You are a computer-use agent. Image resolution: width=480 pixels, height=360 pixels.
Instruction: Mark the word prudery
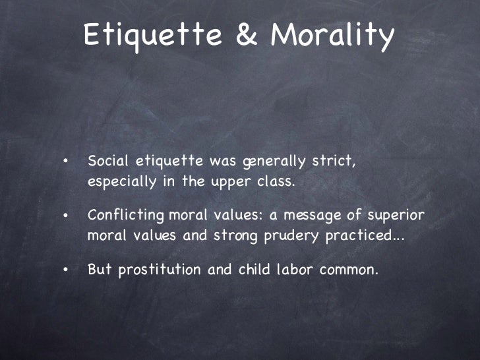pos(289,237)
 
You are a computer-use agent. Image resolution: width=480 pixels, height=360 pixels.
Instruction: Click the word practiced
pos(360,237)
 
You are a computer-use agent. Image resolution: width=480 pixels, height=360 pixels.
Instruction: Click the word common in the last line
pos(344,270)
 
